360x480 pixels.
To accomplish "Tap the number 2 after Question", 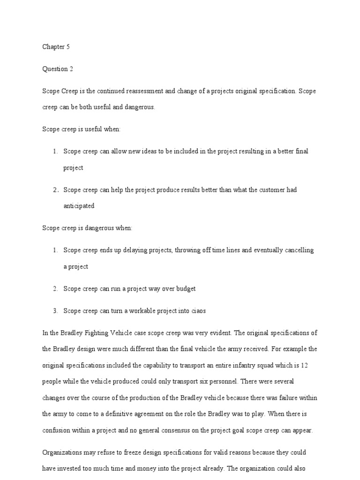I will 71,69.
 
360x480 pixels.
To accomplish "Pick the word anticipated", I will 79,206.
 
